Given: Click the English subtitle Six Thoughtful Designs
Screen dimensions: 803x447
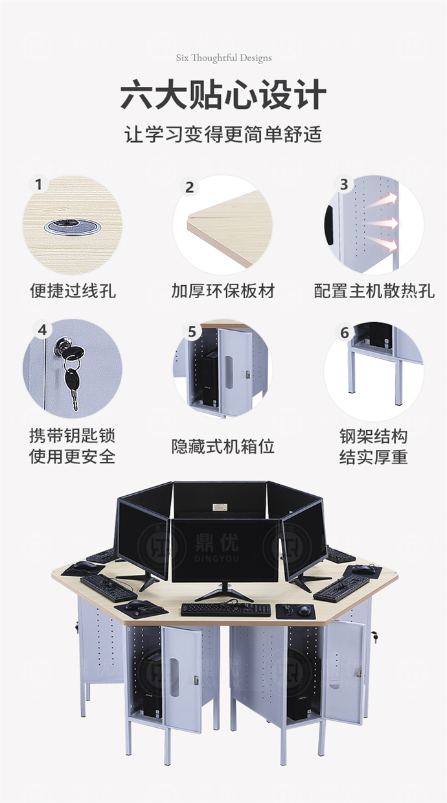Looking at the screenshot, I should click(223, 58).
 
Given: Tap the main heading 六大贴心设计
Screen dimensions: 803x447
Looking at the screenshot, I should click(223, 95).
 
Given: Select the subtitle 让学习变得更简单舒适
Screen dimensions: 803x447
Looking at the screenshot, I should click(223, 135).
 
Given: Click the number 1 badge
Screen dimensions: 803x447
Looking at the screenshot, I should click(39, 185).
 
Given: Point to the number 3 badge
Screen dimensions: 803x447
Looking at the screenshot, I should click(344, 185).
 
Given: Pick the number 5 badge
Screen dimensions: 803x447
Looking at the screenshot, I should click(192, 332).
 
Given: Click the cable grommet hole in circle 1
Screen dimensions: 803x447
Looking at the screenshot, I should click(71, 226).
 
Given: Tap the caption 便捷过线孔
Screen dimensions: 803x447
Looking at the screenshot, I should click(73, 291).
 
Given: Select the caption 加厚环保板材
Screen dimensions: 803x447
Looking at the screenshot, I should click(223, 291).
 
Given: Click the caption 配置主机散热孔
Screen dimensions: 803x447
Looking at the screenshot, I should click(374, 291).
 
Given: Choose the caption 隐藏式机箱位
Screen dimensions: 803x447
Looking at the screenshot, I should click(223, 446).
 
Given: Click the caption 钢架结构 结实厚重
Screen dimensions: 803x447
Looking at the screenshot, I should click(374, 446).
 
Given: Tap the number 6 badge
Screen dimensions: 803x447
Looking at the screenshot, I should click(344, 332).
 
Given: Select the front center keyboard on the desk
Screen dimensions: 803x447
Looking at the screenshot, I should click(225, 609).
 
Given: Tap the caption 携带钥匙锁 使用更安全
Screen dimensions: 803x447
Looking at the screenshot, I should click(73, 446).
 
